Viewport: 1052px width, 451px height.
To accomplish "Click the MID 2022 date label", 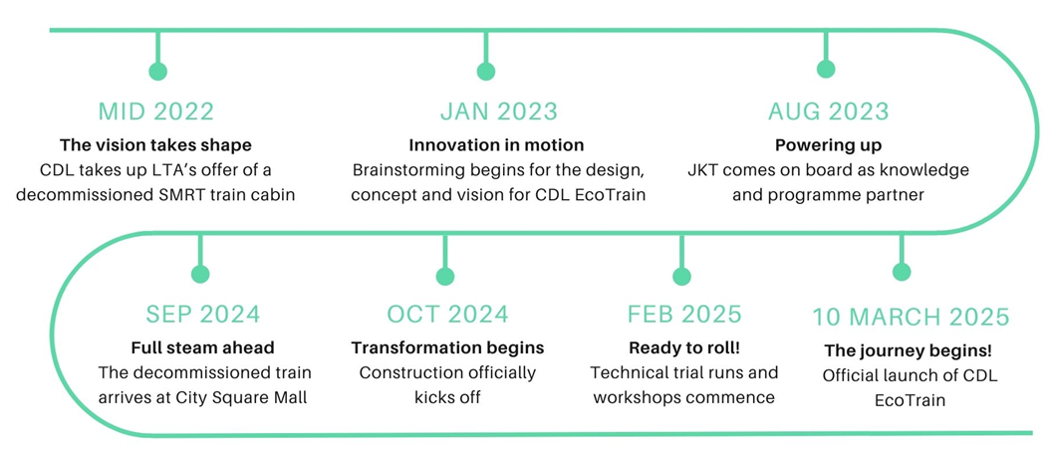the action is click(156, 112).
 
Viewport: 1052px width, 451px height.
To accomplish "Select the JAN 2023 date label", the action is click(498, 112).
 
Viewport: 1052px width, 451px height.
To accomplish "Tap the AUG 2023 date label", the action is click(829, 112).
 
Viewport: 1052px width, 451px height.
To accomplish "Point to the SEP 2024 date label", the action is click(202, 314).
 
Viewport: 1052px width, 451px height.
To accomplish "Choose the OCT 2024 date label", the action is click(447, 314).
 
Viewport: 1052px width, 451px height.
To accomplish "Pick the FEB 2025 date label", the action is click(684, 314).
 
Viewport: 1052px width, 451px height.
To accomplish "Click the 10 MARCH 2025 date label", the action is click(912, 317).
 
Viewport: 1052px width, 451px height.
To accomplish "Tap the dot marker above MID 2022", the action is click(157, 71).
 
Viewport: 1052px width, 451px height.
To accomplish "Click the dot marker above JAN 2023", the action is click(486, 71).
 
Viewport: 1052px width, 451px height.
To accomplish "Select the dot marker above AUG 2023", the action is click(825, 69).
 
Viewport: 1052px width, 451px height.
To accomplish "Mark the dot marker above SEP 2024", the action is click(200, 274).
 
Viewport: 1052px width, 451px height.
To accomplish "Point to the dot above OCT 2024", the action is click(445, 276).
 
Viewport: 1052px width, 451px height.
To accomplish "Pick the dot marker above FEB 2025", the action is click(681, 276).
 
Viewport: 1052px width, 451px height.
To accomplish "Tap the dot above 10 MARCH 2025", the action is click(902, 272).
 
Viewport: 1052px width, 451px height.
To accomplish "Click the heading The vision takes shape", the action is click(155, 144).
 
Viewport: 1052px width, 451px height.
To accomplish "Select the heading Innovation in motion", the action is click(496, 144).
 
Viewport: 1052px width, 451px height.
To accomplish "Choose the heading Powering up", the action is click(828, 145).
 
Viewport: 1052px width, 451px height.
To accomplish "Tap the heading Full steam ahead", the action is click(202, 347).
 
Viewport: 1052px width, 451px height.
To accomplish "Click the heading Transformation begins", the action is click(447, 348).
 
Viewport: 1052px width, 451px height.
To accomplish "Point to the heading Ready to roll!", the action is click(684, 348).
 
